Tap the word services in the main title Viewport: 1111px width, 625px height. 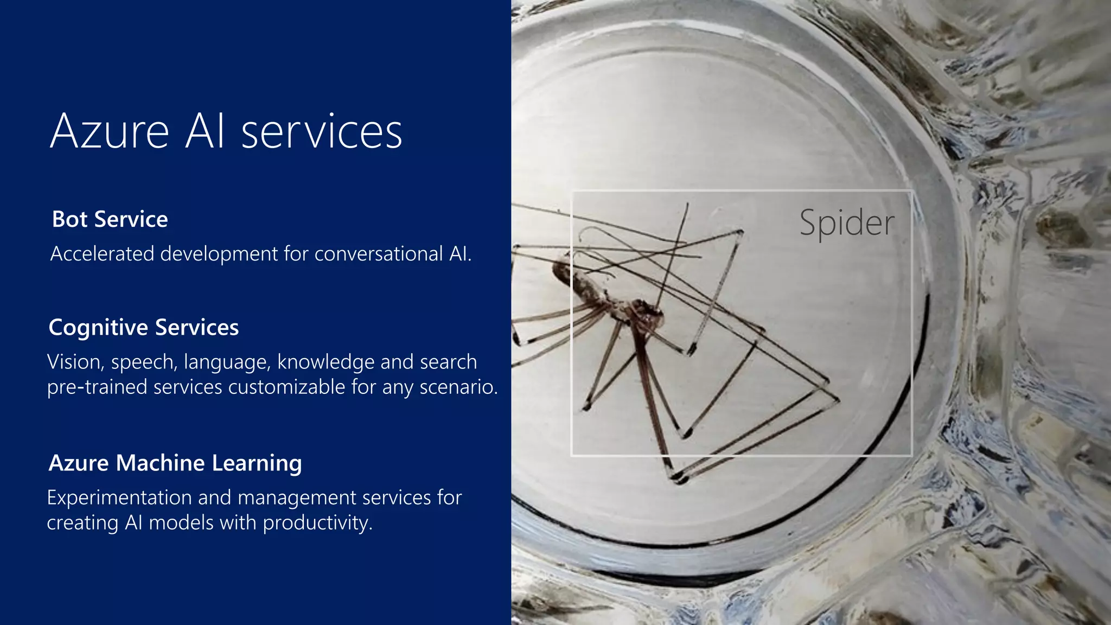pos(322,131)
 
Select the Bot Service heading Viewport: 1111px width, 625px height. pos(110,219)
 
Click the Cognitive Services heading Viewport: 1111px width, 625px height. pos(144,327)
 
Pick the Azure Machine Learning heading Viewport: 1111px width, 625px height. pos(175,463)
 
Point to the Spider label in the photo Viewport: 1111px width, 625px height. pos(847,223)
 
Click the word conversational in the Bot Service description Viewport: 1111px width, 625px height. pos(379,253)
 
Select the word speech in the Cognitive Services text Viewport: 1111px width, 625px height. pos(144,362)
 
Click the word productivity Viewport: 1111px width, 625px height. pos(317,522)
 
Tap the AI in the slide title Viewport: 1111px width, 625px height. pos(205,131)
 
